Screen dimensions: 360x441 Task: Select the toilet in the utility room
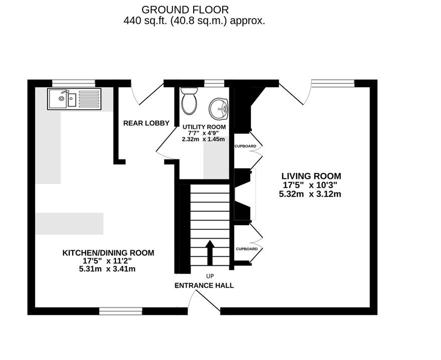[189, 100]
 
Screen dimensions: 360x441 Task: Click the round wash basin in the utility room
[219, 107]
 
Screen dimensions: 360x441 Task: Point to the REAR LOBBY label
[146, 123]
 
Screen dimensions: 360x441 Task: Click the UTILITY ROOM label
[204, 127]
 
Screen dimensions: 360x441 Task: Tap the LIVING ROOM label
[311, 176]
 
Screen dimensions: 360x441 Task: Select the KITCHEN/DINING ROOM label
[108, 253]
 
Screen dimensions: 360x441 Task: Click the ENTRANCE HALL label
[204, 285]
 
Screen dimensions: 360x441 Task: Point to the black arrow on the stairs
[210, 252]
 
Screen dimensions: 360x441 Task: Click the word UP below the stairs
[210, 276]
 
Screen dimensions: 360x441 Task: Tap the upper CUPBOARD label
[245, 146]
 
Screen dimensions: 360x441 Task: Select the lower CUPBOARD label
[246, 249]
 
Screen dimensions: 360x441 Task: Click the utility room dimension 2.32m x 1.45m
[204, 139]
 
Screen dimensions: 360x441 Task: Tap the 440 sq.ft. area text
[194, 21]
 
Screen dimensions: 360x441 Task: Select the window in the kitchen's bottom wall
[120, 311]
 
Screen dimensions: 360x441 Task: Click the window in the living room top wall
[333, 83]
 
